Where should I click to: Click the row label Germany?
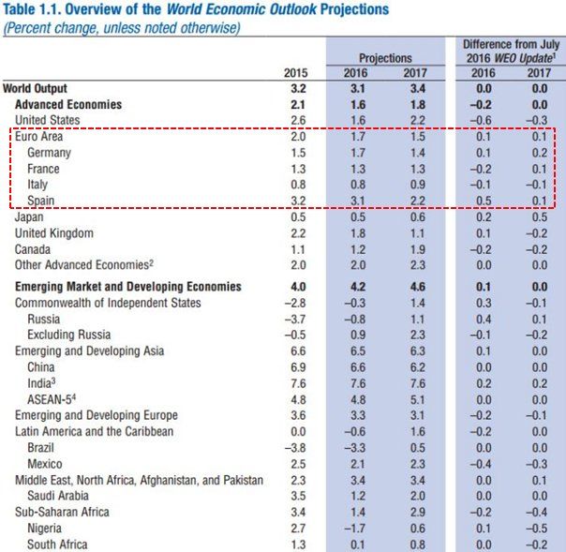click(49, 153)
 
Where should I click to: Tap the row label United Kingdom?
click(54, 233)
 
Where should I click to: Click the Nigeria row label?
click(48, 529)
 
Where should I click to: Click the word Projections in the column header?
click(384, 58)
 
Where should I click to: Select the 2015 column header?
click(295, 72)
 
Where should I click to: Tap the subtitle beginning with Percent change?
click(122, 28)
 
